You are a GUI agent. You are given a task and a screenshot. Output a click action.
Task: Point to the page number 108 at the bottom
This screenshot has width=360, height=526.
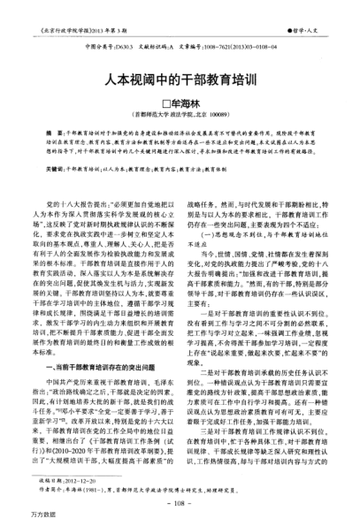click(x=180, y=502)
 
